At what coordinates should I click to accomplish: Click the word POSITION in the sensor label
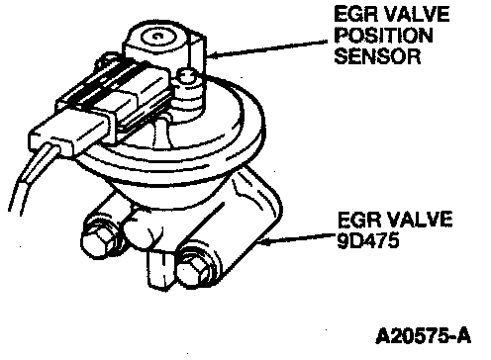384,36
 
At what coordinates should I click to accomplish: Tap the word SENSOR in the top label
378,56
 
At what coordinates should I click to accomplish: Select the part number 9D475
368,241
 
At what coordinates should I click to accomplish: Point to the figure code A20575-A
424,336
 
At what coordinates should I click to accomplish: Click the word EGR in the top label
355,14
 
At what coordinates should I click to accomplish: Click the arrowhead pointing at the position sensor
213,55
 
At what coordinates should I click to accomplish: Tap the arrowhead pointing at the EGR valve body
264,242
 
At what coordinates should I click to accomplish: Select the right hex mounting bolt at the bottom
192,269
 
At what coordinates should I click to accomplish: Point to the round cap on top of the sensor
158,37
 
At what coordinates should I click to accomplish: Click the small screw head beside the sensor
187,76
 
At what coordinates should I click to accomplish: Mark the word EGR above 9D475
358,219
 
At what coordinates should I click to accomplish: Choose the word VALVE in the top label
417,14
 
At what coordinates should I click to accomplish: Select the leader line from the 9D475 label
297,239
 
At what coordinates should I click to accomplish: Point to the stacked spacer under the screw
187,99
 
